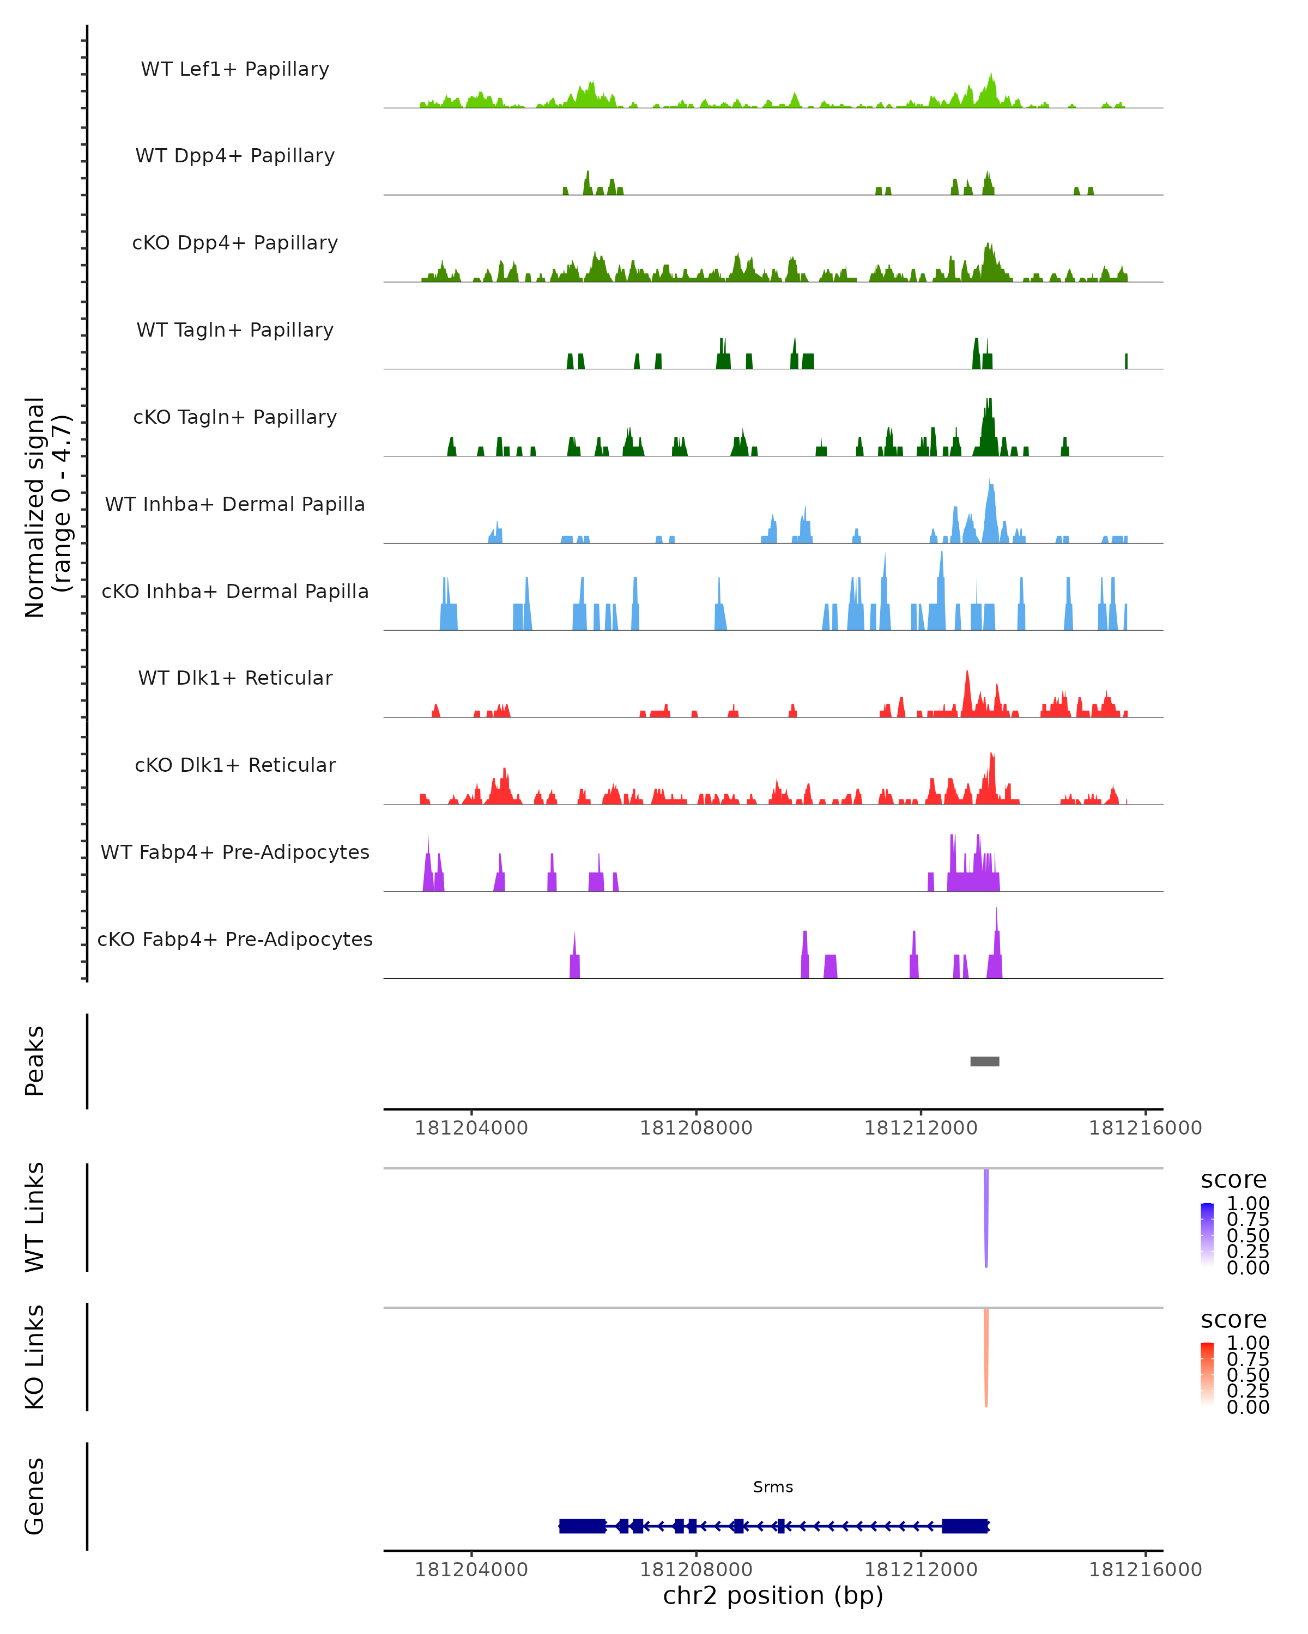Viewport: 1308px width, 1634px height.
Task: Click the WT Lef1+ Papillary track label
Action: [235, 69]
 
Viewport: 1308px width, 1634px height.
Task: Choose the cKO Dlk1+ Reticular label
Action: [235, 765]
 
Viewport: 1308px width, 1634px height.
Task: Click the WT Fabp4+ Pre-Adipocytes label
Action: [235, 852]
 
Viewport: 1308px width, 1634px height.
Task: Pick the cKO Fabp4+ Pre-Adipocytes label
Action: [235, 939]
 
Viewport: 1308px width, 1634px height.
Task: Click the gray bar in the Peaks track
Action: [984, 1061]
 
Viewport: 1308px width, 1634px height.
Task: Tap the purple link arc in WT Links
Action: [986, 1212]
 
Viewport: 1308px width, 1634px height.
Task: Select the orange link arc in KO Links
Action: [986, 1353]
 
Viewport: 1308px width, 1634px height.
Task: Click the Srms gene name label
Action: [773, 1487]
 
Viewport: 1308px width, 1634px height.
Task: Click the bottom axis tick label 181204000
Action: [471, 1570]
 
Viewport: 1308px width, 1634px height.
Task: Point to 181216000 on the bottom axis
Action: [1145, 1570]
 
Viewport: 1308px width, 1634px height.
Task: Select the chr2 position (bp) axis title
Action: [773, 1596]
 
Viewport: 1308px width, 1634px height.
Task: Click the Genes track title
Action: [35, 1496]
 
